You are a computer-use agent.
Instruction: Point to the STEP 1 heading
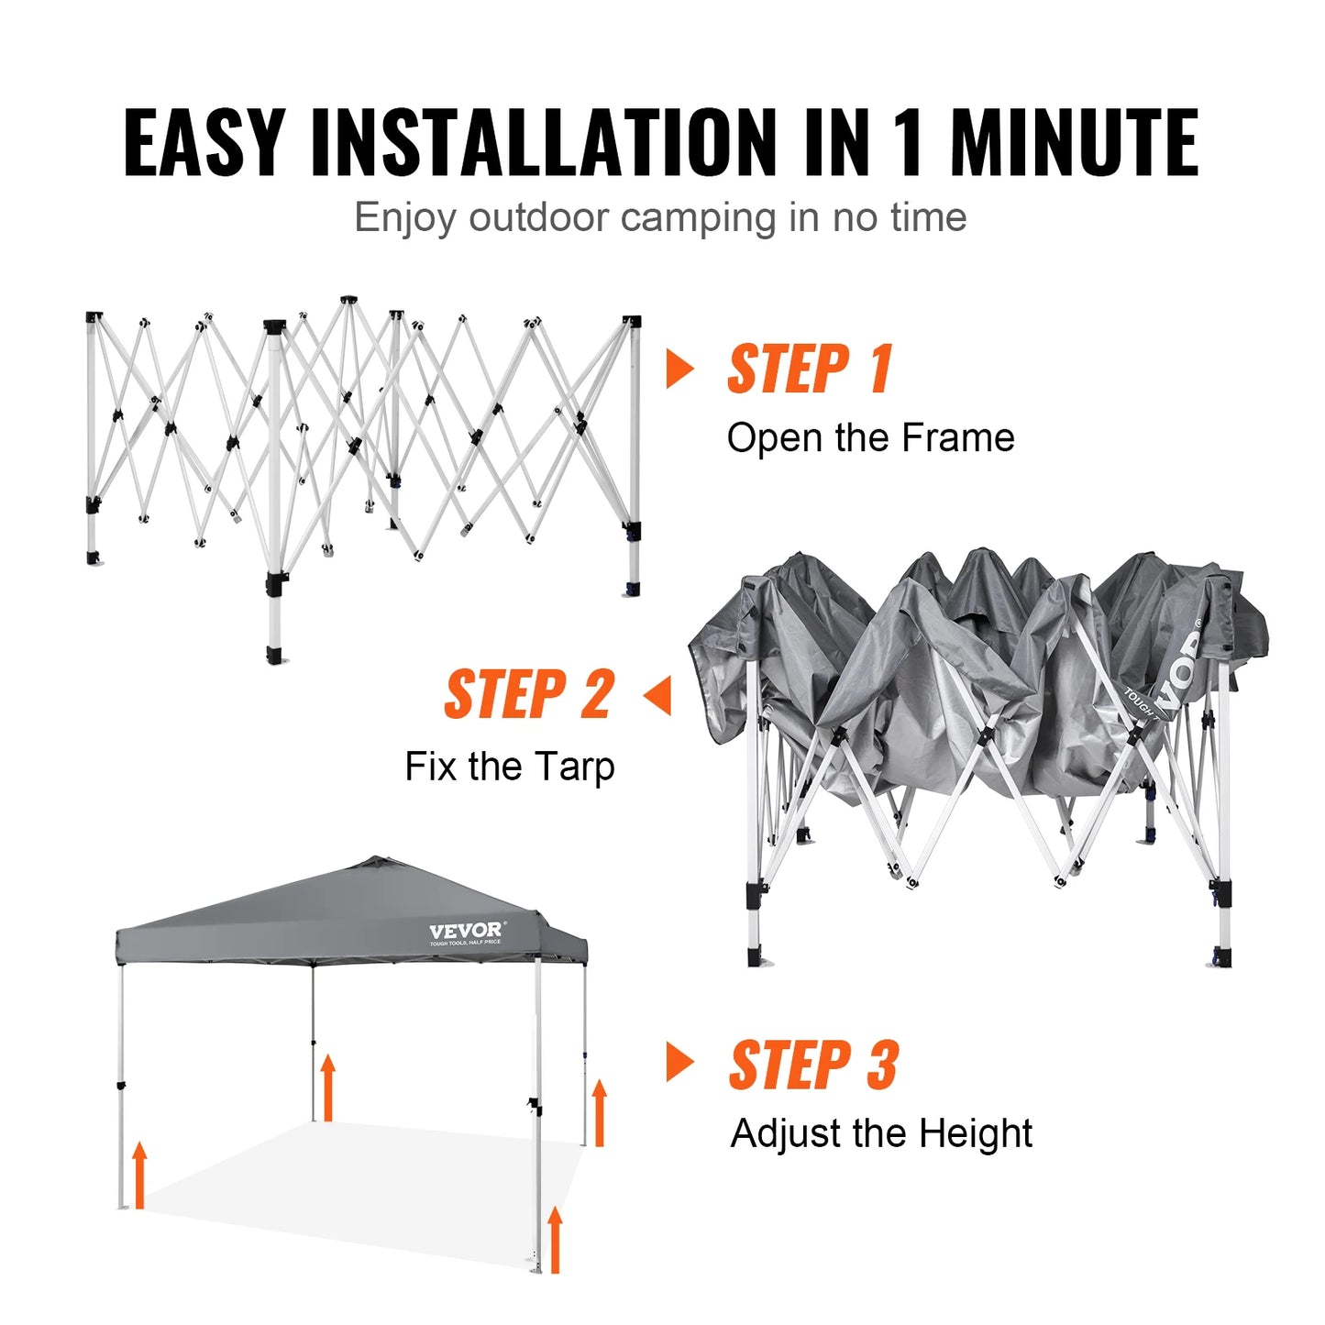click(810, 370)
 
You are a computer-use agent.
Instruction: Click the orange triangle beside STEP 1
click(679, 369)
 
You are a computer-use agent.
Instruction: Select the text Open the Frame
click(870, 438)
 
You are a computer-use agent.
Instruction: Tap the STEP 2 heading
click(529, 695)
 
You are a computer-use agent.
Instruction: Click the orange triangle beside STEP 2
click(657, 696)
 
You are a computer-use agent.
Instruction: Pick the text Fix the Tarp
click(510, 767)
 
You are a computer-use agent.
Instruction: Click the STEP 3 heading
click(813, 1066)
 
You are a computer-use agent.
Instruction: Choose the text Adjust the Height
click(881, 1133)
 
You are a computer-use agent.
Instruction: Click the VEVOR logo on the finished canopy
click(466, 933)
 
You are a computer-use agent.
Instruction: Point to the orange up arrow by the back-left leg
click(327, 1088)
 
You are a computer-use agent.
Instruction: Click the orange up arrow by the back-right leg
click(600, 1112)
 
